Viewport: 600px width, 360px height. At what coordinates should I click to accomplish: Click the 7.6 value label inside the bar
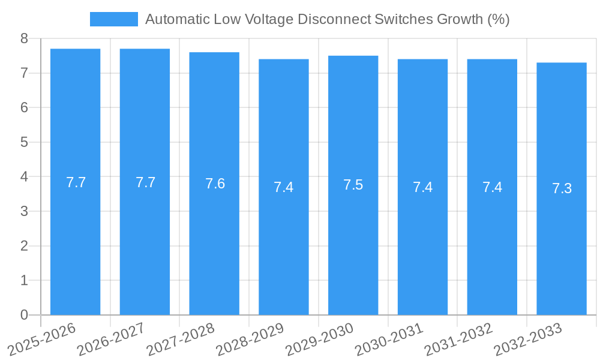tap(215, 184)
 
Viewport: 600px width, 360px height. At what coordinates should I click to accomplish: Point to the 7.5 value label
tap(353, 184)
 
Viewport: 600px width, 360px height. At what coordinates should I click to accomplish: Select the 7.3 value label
tap(562, 188)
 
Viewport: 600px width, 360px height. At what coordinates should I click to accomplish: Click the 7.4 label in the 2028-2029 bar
tap(284, 187)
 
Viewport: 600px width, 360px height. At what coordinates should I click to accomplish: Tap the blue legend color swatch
tap(113, 19)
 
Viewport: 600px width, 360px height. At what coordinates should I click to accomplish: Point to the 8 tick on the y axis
tap(24, 39)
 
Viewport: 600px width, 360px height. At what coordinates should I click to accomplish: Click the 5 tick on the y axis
tap(24, 143)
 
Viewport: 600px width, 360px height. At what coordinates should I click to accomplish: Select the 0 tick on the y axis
tap(24, 315)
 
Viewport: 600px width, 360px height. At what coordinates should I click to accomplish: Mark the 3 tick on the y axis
tap(24, 212)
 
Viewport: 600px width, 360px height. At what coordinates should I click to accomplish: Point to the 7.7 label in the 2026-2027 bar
tap(145, 182)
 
